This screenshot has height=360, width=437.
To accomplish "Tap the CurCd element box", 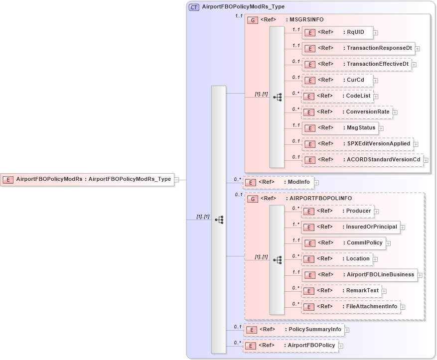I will pyautogui.click(x=337, y=80).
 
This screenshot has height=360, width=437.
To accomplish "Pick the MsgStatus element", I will pyautogui.click(x=339, y=128).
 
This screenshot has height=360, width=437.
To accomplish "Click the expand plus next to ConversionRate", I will pyautogui.click(x=395, y=113).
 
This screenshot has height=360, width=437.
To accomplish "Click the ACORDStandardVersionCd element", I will pyautogui.click(x=362, y=160).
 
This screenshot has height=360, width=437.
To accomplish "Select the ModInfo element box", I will pyautogui.click(x=278, y=182).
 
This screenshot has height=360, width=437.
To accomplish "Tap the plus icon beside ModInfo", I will pyautogui.click(x=316, y=183).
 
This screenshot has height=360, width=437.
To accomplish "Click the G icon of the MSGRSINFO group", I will pyautogui.click(x=253, y=20).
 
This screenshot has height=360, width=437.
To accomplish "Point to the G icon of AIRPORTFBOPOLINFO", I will pyautogui.click(x=253, y=199).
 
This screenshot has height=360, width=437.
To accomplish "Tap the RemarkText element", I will pyautogui.click(x=341, y=291).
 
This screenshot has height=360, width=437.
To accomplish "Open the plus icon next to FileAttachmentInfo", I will pyautogui.click(x=403, y=307).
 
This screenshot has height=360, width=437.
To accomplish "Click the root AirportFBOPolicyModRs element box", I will pyautogui.click(x=88, y=179).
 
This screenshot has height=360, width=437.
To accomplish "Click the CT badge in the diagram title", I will pyautogui.click(x=194, y=7).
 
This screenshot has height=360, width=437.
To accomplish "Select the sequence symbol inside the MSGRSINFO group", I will pyautogui.click(x=278, y=97).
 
